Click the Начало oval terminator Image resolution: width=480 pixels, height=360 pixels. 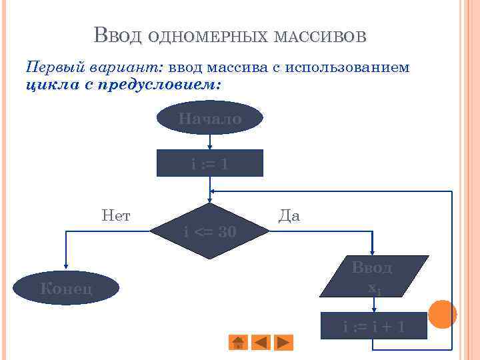[x=209, y=118]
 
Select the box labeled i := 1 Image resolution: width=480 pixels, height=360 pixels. [x=209, y=163]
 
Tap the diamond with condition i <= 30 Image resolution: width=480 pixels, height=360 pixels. [x=209, y=231]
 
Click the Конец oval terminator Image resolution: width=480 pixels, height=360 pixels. [x=66, y=288]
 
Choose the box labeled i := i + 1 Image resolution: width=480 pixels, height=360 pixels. [x=373, y=327]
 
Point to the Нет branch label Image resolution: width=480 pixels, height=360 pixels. [x=116, y=215]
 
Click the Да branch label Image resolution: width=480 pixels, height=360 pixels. [x=289, y=215]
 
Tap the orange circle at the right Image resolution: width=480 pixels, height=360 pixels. [x=442, y=314]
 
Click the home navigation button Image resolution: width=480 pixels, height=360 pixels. [x=238, y=342]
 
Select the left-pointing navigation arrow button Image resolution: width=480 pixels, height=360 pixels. [x=261, y=342]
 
